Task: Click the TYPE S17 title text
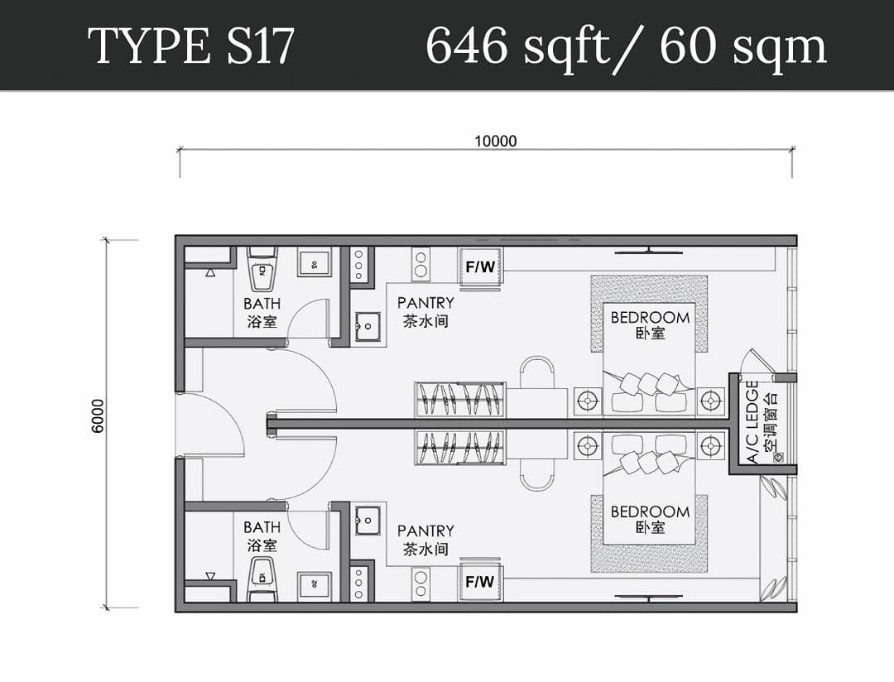tap(191, 46)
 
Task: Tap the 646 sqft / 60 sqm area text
tap(626, 46)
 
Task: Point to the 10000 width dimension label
tap(496, 141)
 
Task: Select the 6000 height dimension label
tap(98, 415)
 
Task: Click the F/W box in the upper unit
tap(481, 267)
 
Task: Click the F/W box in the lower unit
tap(480, 582)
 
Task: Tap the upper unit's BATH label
tap(262, 313)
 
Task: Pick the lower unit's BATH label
tap(262, 536)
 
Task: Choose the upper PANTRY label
tap(425, 311)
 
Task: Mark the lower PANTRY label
tap(425, 540)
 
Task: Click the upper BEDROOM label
tap(650, 324)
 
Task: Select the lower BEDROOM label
tap(650, 519)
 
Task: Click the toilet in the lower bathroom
tap(262, 579)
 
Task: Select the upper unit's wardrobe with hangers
tap(460, 399)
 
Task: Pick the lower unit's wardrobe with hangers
tap(460, 447)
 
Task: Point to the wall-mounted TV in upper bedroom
tap(648, 251)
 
